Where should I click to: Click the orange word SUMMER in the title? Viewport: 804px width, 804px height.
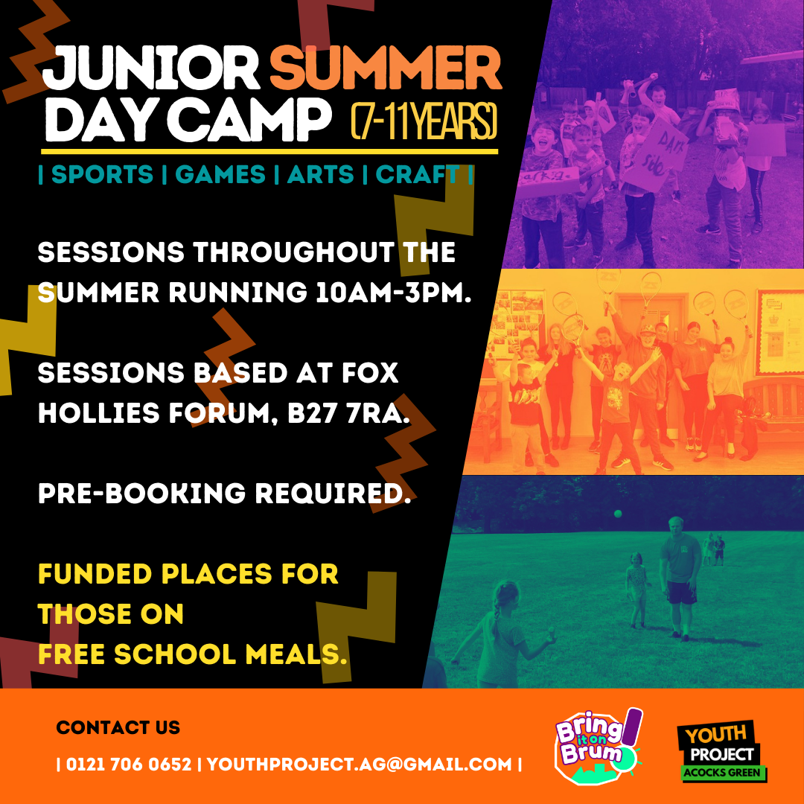point(386,68)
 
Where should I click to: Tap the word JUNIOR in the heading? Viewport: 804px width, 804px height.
point(152,68)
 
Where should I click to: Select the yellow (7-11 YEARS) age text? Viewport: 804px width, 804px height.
point(424,121)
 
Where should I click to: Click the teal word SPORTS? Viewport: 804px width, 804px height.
point(102,174)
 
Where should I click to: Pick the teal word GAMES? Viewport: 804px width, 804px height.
point(220,174)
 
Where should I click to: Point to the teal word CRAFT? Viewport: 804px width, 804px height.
point(418,174)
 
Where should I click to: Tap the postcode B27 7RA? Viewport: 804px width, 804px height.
point(348,413)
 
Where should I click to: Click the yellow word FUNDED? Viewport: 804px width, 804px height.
point(95,573)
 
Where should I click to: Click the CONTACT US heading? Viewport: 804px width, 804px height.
point(118,727)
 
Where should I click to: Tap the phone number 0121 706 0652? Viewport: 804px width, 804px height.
point(129,764)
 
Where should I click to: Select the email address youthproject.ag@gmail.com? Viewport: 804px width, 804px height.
point(360,764)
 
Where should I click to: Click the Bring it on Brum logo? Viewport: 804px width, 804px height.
point(599,746)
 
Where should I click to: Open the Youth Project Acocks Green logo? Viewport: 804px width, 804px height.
point(722,751)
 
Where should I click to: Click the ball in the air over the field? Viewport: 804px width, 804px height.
point(618,514)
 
